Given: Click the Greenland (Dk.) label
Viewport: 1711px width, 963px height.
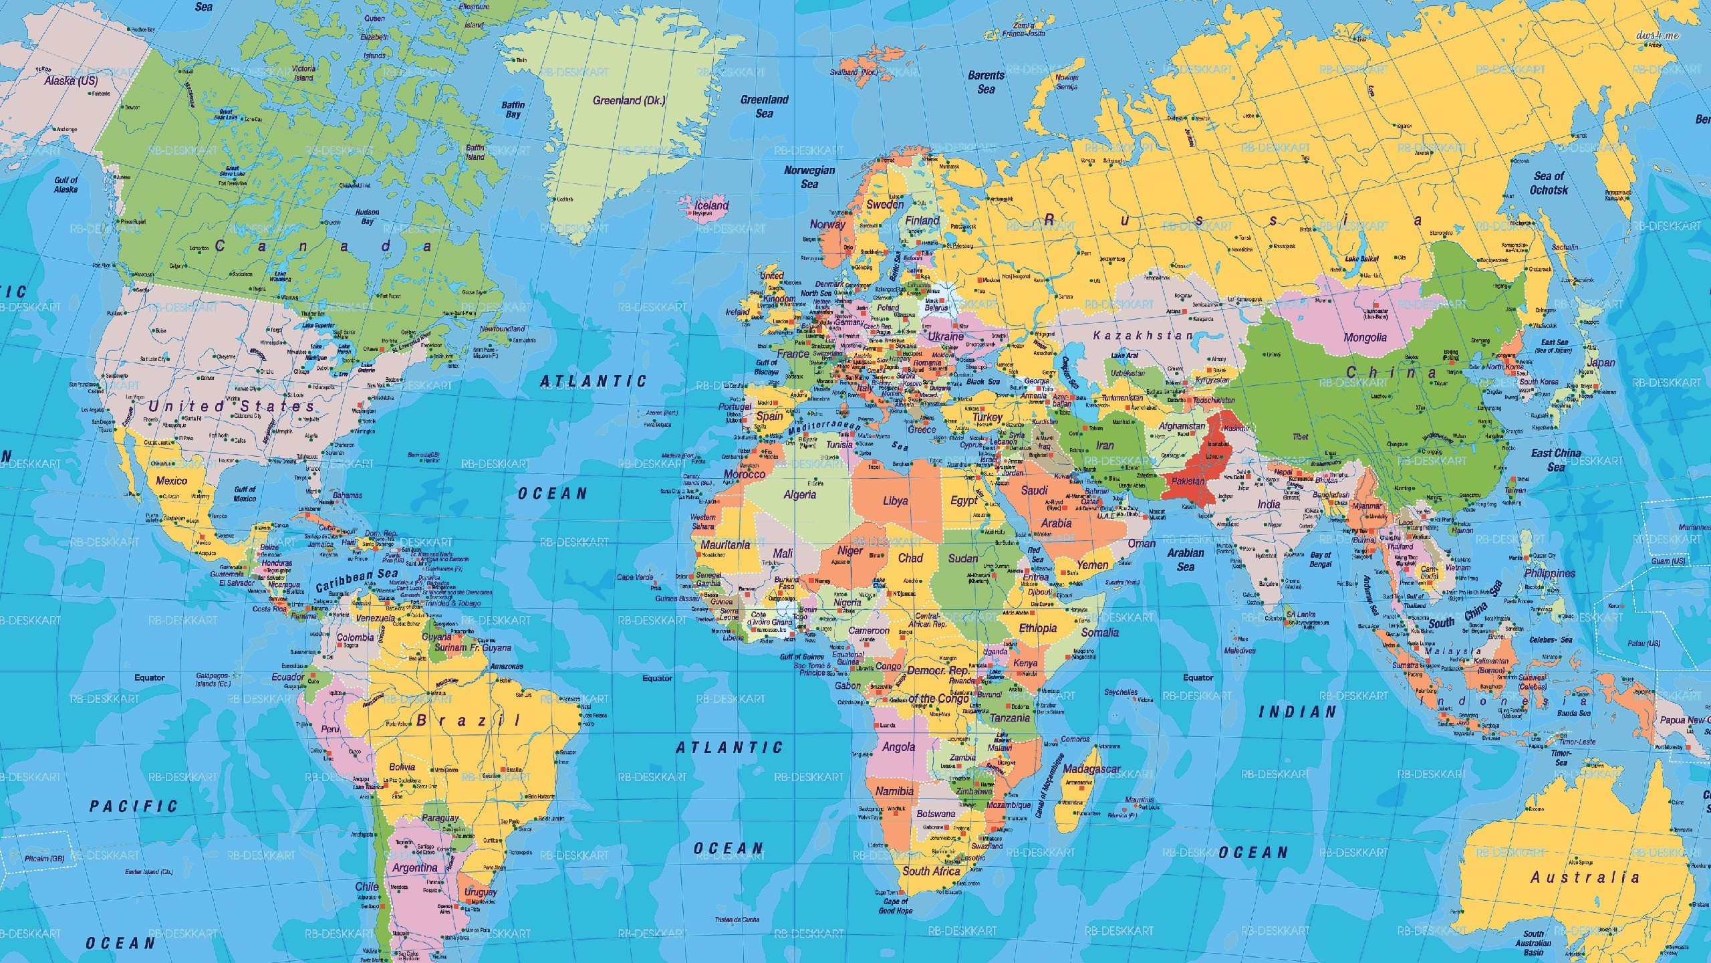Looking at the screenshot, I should coord(629,101).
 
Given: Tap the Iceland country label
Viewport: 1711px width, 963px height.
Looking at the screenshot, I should coord(711,205).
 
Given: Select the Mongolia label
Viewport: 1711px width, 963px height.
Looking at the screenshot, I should coord(1365,338).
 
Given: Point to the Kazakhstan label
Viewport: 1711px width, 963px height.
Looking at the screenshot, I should coord(1142,335).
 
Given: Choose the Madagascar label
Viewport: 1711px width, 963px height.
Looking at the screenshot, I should coord(1091,768).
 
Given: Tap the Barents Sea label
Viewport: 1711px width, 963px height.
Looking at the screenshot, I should coord(986,82).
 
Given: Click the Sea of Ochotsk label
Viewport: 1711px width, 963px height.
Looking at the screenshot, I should coord(1549,183).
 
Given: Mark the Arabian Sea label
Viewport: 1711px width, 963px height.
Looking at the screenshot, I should coord(1186,560).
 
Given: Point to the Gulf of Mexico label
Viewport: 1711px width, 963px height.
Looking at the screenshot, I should coord(245,494).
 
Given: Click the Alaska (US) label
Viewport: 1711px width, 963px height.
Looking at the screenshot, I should coord(71,81).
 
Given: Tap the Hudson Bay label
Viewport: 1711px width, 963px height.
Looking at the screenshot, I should coord(367,217).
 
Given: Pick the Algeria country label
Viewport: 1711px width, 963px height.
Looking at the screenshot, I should coord(799,495).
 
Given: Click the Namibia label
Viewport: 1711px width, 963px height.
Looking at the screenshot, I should coord(894,791).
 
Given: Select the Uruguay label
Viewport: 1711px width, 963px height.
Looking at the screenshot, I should coord(481,892).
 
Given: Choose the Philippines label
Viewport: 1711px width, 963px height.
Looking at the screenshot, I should coord(1549,573).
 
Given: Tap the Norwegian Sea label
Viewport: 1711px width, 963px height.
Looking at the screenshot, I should coord(809,177).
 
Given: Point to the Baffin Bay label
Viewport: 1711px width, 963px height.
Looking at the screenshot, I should coord(513,110).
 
